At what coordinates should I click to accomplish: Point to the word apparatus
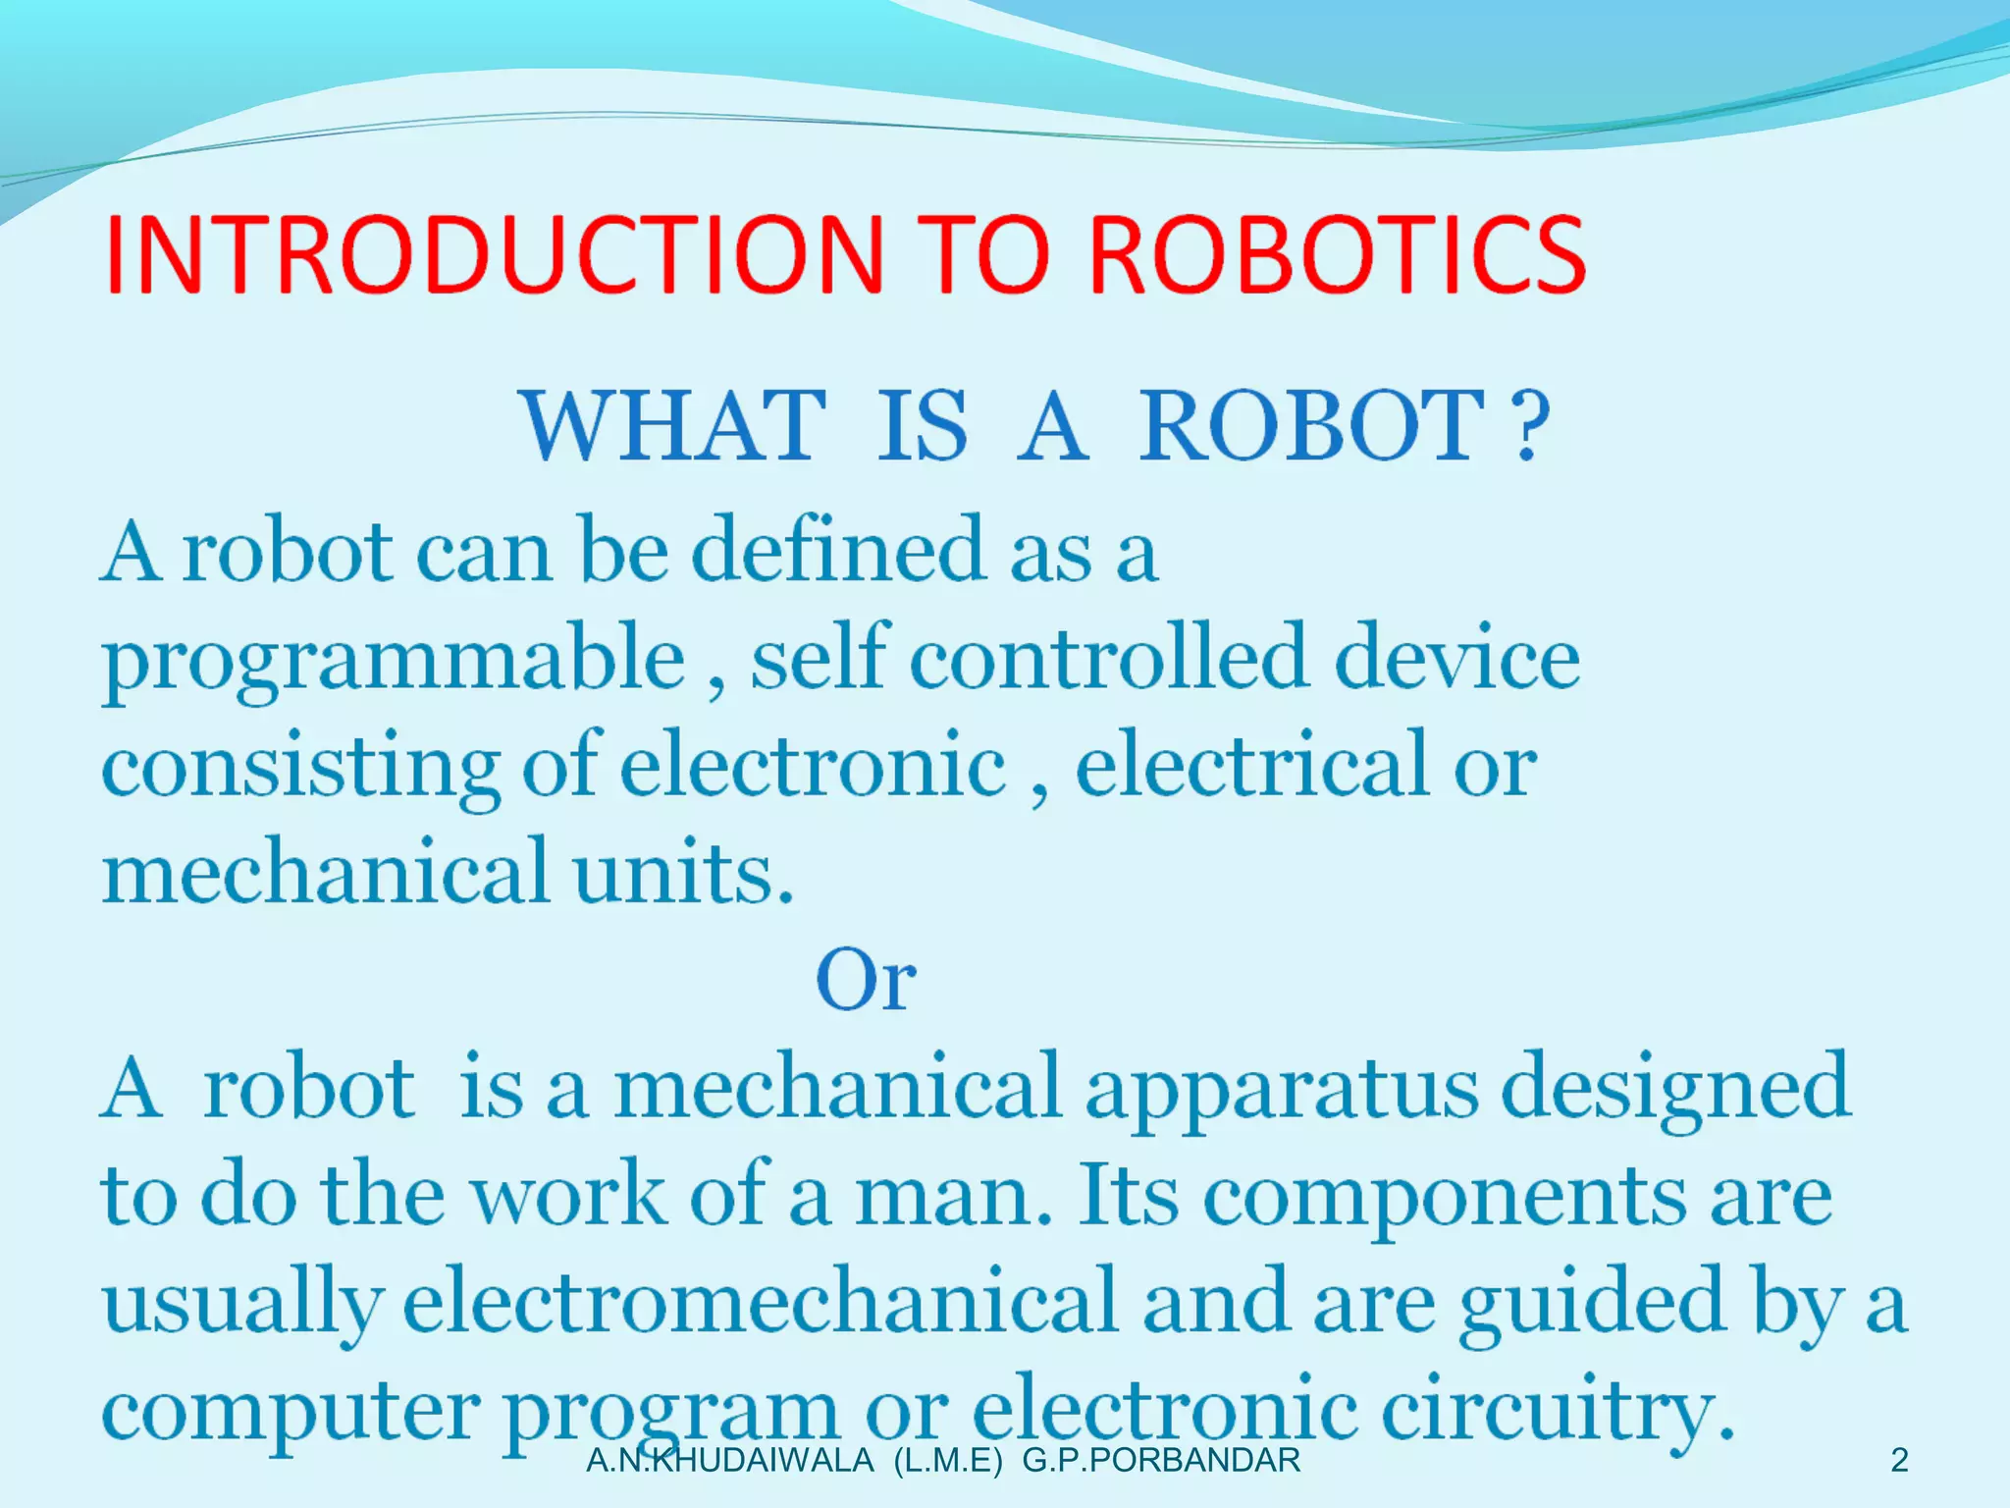[x=1281, y=1090]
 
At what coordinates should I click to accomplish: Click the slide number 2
[x=1899, y=1461]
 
